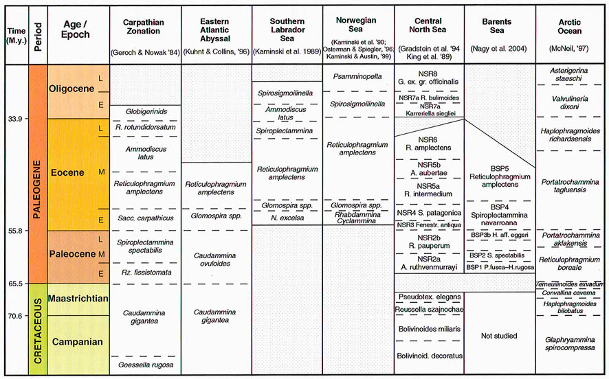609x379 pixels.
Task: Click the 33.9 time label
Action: pos(14,119)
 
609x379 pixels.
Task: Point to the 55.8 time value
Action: pos(14,230)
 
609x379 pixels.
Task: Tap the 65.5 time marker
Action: pos(14,283)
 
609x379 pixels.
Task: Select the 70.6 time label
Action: pos(14,316)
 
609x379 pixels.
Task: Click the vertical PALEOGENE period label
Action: pos(37,172)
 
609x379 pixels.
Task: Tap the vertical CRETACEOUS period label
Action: pos(37,330)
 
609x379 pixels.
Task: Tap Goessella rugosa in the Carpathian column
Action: pos(144,365)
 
